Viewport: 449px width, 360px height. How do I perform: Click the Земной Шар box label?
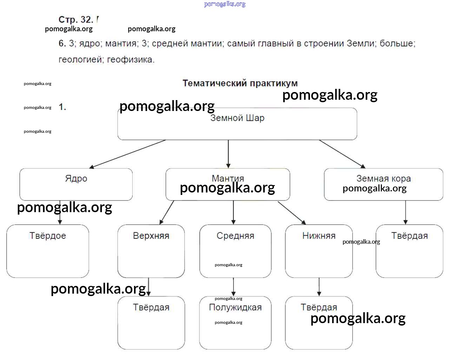point(237,118)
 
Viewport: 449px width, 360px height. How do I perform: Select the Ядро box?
point(76,184)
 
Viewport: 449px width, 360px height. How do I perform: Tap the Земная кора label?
point(383,178)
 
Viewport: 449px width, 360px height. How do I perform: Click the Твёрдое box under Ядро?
point(47,251)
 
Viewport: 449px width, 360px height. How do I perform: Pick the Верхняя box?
point(151,251)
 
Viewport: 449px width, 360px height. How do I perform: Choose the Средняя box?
point(235,251)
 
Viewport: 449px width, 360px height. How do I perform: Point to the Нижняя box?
point(319,251)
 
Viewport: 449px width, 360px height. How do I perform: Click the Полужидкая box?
point(235,323)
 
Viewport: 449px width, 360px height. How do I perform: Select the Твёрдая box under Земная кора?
point(409,251)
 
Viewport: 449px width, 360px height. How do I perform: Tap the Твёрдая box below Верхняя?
point(151,323)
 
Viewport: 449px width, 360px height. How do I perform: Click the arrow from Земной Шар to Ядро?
point(127,154)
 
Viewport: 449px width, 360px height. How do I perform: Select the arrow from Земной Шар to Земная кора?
point(342,154)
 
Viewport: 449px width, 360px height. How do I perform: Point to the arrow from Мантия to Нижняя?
point(291,212)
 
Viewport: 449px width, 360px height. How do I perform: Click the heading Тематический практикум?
point(240,83)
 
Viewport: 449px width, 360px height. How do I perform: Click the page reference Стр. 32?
point(75,20)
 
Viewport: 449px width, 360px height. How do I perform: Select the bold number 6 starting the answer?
point(62,44)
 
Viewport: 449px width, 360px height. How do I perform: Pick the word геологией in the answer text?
point(80,60)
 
